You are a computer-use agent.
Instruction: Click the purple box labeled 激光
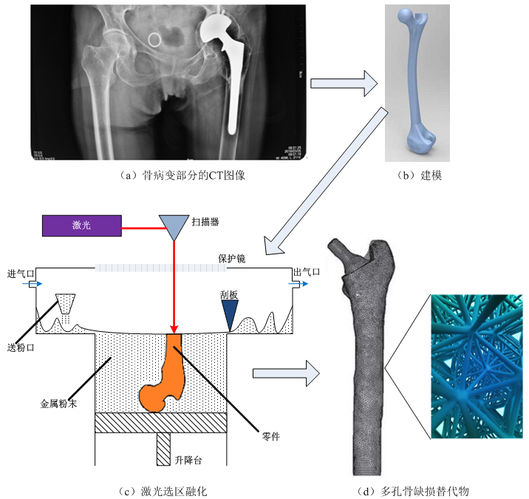click(81, 225)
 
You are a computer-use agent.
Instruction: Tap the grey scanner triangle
click(174, 226)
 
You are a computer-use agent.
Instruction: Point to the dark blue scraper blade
click(231, 317)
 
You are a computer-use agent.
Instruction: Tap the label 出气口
click(307, 272)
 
